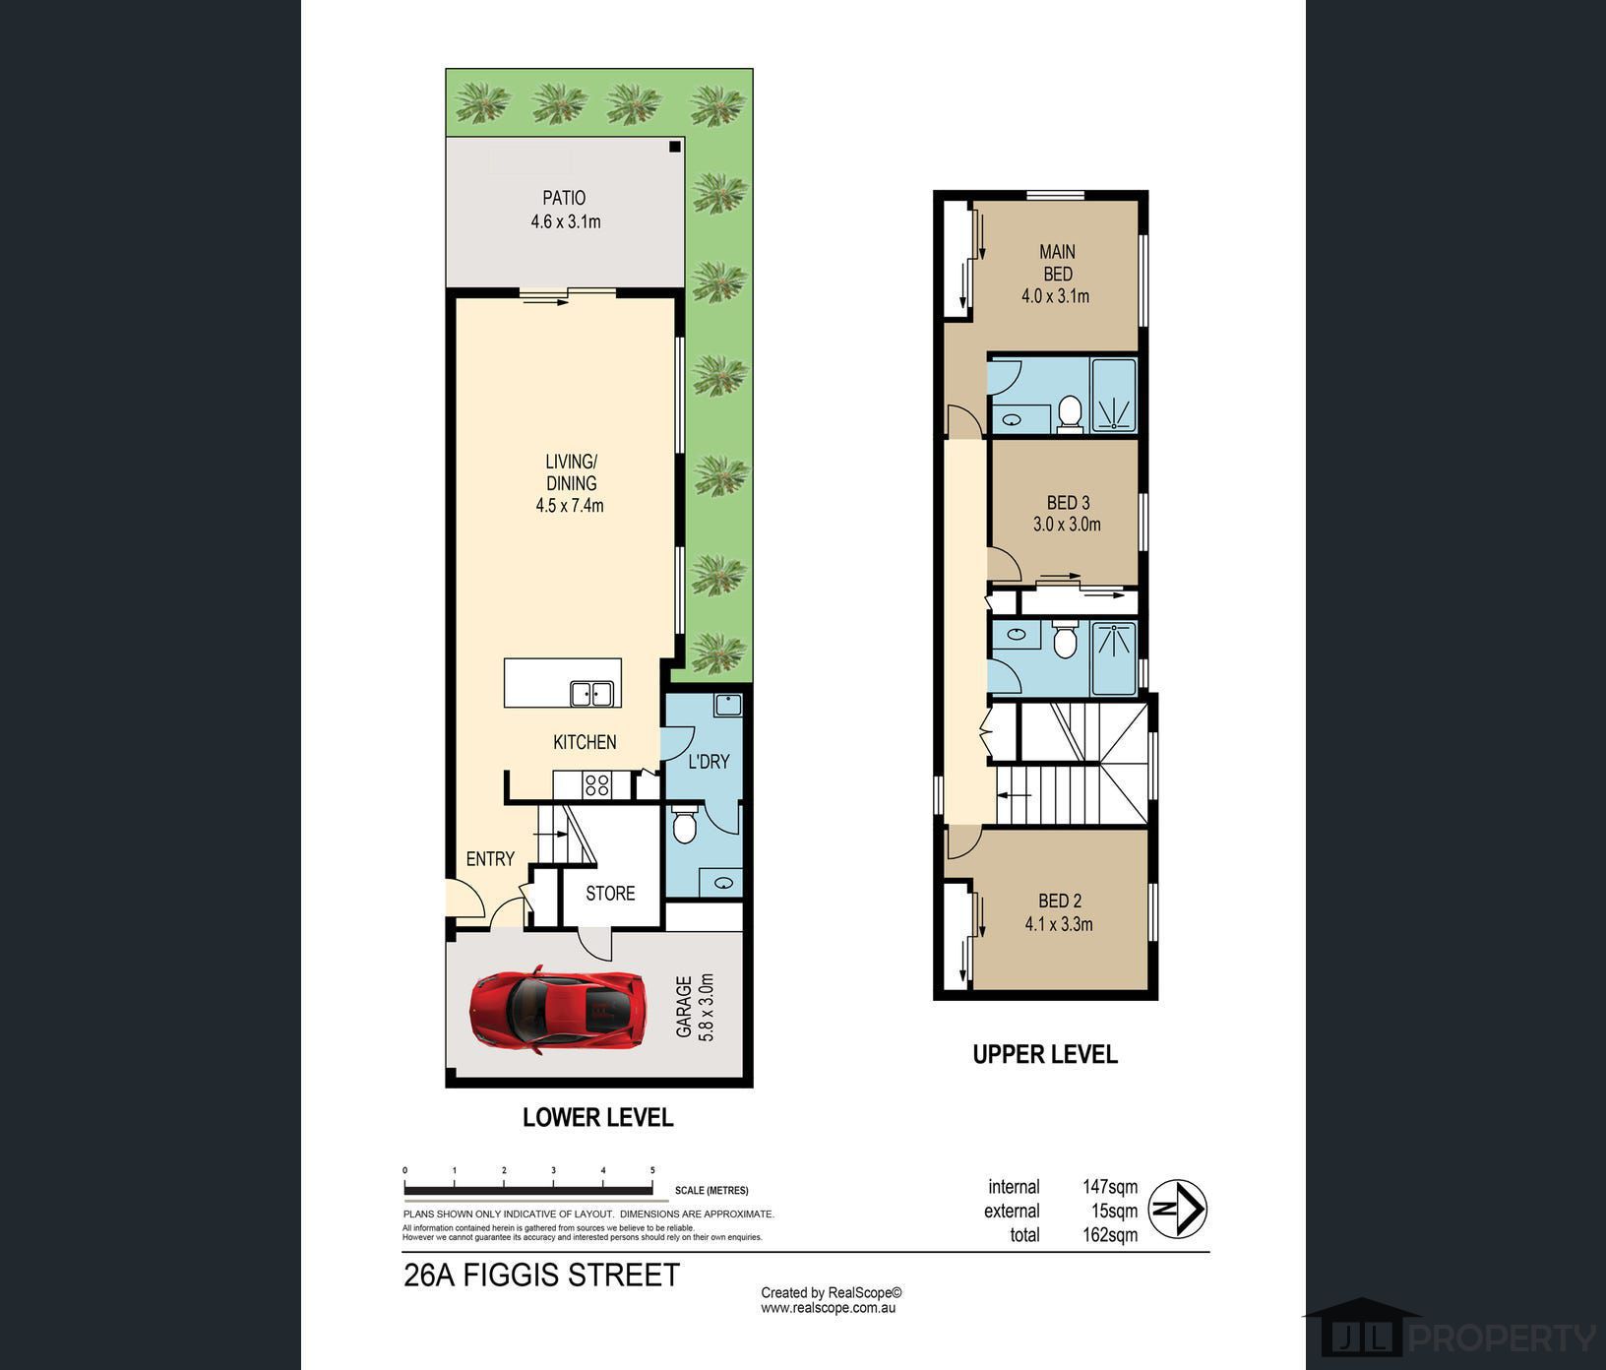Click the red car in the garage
558,1010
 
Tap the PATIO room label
564,198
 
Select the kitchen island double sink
591,694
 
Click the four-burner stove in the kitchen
597,784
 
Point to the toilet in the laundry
685,824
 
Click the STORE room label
610,894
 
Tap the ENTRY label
490,859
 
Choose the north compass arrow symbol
1178,1209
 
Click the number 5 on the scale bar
652,1170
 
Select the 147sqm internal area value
1110,1187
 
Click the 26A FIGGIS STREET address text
542,1276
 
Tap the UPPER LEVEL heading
1045,1055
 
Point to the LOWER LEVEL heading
598,1118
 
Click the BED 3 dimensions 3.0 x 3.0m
1067,525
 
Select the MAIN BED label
1058,263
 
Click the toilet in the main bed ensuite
1070,413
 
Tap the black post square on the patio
675,147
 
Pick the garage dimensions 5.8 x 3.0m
695,1006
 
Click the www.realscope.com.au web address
828,1308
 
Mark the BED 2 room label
1060,901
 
